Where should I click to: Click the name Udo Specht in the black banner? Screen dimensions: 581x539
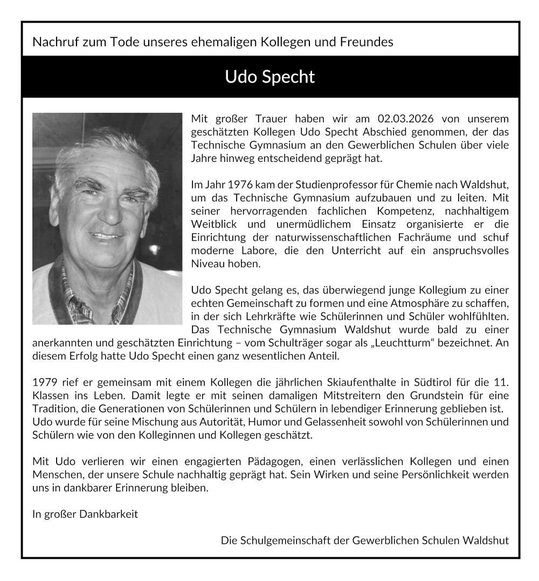point(269,77)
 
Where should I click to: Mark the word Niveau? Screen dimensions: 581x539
point(207,264)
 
